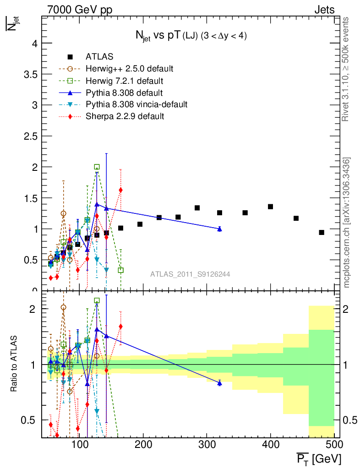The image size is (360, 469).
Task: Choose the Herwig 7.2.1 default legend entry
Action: pos(124,81)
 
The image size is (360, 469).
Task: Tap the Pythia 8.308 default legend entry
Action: pos(124,93)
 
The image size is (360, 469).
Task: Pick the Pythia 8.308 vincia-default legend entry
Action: pos(136,104)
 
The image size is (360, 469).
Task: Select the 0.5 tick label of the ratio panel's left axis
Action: pos(30,420)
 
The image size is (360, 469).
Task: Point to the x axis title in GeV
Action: pos(319,458)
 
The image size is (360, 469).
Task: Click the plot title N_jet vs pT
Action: pos(188,36)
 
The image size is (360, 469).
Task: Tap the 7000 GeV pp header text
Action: pos(80,9)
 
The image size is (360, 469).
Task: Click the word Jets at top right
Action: pos(324,9)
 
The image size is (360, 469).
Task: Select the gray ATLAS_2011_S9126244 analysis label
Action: pos(190,274)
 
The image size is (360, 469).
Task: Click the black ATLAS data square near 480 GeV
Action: pos(322,233)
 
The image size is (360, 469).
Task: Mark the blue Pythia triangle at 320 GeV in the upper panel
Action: pos(220,229)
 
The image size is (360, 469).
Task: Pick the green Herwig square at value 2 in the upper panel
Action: pos(97,167)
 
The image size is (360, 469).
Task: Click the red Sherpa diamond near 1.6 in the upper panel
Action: pos(120,190)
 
